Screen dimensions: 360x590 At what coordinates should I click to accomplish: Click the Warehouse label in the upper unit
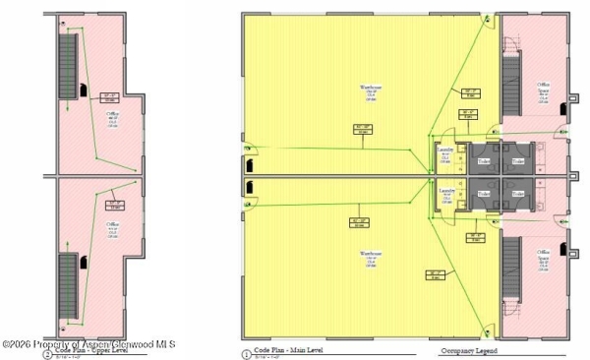coord(365,89)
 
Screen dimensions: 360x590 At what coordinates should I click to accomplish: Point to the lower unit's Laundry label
coord(444,190)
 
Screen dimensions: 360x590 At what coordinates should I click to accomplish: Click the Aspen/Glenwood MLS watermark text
coord(88,343)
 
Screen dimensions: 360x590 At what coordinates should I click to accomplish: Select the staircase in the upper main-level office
coord(511,84)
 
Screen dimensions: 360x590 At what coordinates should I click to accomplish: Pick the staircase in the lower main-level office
coord(511,270)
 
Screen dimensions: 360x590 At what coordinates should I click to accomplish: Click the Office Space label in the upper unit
coord(542,89)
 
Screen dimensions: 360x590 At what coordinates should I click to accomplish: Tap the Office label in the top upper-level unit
coord(113,115)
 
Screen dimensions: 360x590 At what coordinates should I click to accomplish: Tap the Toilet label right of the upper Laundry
coord(483,160)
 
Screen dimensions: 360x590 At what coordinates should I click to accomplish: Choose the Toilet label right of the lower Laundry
coord(483,194)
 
